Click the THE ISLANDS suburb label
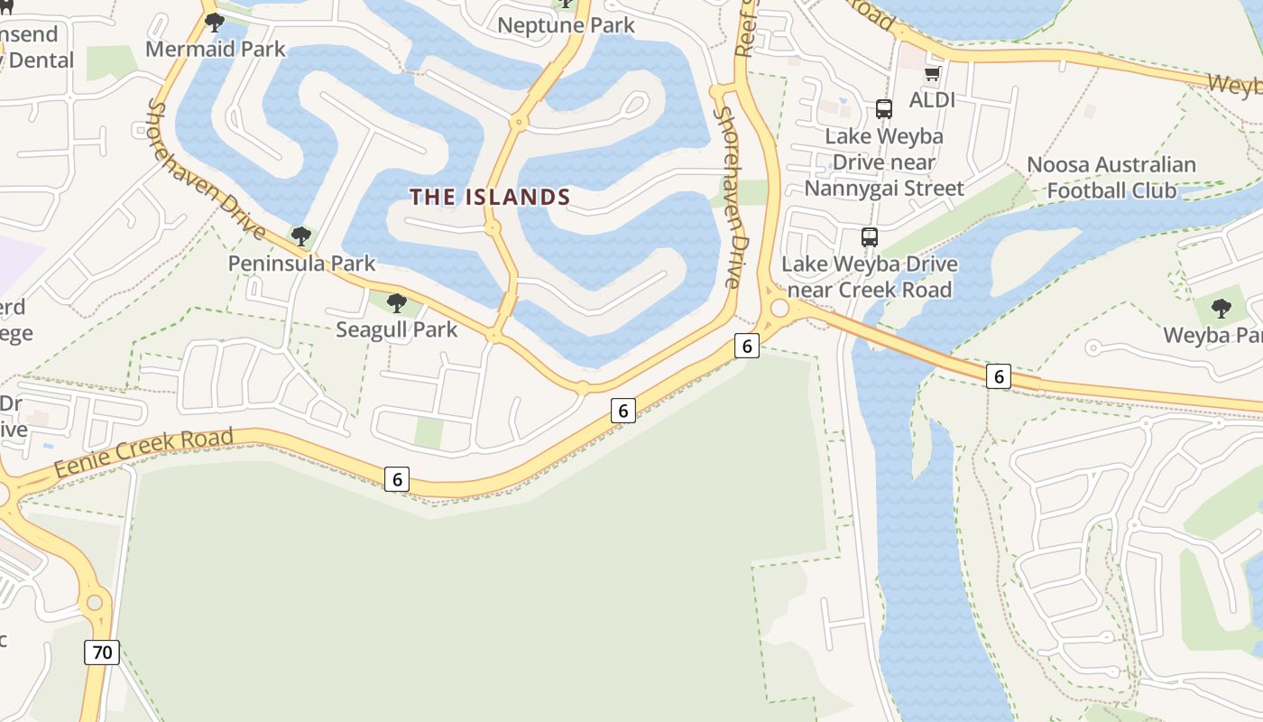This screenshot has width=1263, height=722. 490,197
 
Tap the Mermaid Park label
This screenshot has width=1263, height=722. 215,49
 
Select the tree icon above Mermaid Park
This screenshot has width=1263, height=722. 215,22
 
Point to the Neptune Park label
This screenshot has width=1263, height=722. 566,25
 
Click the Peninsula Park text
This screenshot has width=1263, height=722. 301,264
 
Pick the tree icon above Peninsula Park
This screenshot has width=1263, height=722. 301,236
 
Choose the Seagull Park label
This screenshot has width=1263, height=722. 397,329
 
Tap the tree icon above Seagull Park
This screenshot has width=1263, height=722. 396,303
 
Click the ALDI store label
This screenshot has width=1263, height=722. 932,99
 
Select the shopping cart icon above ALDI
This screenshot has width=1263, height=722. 932,74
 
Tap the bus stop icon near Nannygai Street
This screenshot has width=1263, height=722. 884,109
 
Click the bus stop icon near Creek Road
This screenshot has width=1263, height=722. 870,237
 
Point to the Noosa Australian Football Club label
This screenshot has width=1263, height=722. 1111,178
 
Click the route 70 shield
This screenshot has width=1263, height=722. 102,652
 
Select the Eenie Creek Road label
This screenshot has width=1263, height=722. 143,454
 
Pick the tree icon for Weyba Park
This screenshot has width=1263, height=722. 1221,309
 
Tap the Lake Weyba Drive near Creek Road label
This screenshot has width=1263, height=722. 870,277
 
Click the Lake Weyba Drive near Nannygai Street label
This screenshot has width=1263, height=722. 884,162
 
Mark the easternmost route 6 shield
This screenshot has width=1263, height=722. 998,375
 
